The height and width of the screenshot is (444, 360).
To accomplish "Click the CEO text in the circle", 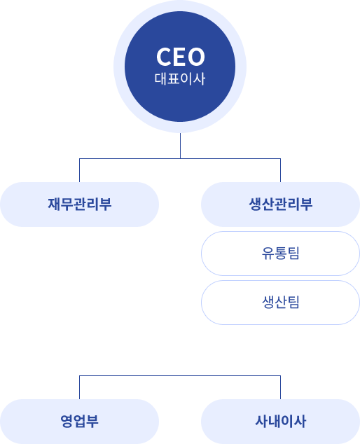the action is click(x=181, y=57).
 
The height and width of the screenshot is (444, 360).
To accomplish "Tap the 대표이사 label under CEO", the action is click(x=180, y=78).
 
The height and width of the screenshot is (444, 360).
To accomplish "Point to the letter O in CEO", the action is click(x=196, y=57).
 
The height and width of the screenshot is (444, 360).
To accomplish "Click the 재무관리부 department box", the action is click(x=79, y=204).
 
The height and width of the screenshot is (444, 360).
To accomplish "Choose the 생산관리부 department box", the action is click(x=280, y=204).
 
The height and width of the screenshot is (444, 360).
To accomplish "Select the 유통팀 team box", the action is click(x=280, y=254).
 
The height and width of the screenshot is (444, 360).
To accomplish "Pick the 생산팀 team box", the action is click(x=280, y=303).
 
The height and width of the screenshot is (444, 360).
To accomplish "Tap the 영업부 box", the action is click(x=79, y=422).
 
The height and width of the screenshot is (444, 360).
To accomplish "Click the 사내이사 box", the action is click(x=280, y=422).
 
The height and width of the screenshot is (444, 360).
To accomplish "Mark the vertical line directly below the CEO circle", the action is click(x=180, y=146).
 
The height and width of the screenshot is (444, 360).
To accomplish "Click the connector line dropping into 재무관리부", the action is click(x=79, y=170).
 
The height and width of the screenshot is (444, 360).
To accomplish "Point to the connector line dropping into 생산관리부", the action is click(x=280, y=170).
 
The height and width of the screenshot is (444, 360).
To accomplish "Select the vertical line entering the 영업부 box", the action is click(x=79, y=387).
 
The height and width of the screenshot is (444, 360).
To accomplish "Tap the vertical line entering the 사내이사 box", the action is click(x=280, y=387).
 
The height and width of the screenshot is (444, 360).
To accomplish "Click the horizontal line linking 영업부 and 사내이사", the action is click(x=180, y=376).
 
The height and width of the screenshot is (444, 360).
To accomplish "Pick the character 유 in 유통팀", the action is click(x=268, y=254).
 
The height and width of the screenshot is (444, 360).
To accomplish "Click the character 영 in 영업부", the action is click(x=67, y=422).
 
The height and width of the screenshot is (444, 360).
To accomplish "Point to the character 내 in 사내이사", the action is click(x=274, y=422).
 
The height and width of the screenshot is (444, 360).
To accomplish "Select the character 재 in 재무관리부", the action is click(x=54, y=204).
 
